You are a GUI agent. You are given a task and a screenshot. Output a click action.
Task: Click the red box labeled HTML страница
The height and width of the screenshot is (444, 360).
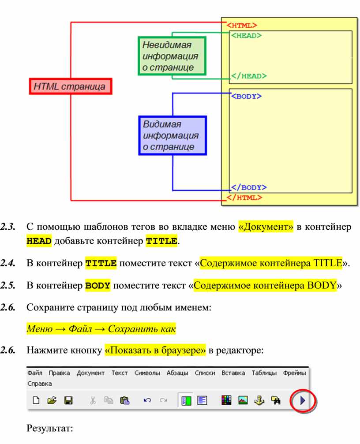[71, 86]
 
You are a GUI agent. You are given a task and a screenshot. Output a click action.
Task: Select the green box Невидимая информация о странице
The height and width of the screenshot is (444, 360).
[171, 56]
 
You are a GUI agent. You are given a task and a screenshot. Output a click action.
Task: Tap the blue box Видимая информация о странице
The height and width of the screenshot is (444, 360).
[172, 135]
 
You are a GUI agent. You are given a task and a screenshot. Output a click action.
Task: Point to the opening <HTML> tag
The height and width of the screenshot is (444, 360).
[242, 25]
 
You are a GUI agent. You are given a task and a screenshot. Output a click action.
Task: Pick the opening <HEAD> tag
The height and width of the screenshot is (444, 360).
[246, 36]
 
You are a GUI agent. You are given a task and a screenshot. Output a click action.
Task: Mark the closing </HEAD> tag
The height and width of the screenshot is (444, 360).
[248, 76]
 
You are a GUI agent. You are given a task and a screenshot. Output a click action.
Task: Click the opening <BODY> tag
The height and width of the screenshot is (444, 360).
[246, 96]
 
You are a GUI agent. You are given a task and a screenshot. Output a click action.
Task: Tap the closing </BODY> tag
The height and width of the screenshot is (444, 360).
[248, 187]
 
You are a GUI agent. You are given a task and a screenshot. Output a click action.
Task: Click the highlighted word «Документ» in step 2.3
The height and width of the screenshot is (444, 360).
[266, 227]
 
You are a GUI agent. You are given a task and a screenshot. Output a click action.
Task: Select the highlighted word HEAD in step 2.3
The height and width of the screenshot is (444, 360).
[39, 241]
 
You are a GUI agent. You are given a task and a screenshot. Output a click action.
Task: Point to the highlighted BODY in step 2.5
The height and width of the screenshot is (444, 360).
[97, 285]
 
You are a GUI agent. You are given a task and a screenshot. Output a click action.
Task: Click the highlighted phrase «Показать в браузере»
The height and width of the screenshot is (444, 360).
[155, 351]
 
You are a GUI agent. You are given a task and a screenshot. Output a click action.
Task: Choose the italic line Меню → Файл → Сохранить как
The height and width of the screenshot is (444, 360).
[101, 329]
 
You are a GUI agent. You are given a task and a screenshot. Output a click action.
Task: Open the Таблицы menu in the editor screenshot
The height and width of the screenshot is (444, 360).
[264, 373]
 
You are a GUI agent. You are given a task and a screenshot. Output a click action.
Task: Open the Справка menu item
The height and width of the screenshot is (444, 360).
[40, 384]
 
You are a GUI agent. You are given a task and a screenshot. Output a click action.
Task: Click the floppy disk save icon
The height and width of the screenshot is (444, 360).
[68, 400]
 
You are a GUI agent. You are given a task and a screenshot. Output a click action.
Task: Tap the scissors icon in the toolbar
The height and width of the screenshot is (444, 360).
[93, 400]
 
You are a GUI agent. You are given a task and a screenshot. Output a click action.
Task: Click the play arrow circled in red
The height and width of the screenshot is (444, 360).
[303, 400]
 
